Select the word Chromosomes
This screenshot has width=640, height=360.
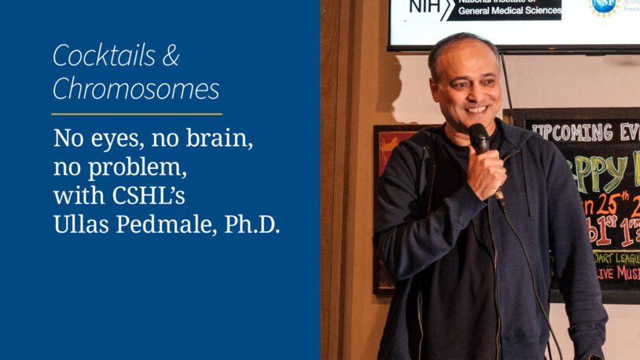point(136,90)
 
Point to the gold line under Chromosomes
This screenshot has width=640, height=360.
point(137,115)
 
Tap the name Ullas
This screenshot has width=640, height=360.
point(83,224)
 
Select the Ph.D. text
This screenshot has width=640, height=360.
point(252,224)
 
